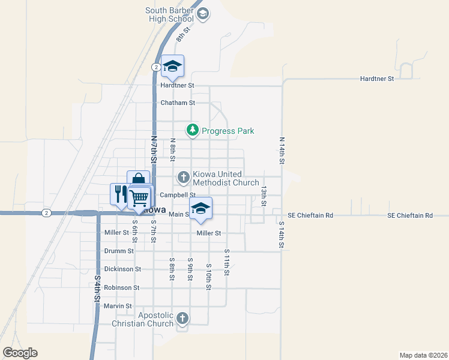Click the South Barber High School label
[170, 14]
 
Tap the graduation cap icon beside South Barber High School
[203, 13]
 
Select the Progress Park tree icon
[192, 130]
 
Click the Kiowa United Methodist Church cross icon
[183, 177]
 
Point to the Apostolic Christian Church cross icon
[183, 318]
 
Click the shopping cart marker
[139, 197]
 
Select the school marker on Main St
[201, 208]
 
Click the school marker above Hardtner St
[173, 67]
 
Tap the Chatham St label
[178, 103]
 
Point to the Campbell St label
[178, 195]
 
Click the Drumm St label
[119, 251]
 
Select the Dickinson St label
[122, 269]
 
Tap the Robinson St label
[121, 288]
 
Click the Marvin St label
[118, 306]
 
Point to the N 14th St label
[281, 151]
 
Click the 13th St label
[264, 196]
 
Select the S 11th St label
[227, 262]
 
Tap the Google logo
[20, 353]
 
